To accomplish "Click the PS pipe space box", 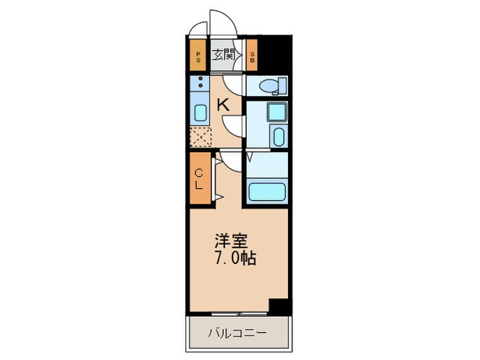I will (x=198, y=56).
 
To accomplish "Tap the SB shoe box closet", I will (x=252, y=56).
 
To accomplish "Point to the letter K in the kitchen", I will (x=222, y=105).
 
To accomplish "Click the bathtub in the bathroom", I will (x=267, y=191).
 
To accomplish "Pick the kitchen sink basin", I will (x=200, y=113).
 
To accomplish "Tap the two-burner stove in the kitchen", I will (x=200, y=85).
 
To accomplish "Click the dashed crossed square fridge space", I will (x=200, y=136).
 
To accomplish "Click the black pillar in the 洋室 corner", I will (x=278, y=307).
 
